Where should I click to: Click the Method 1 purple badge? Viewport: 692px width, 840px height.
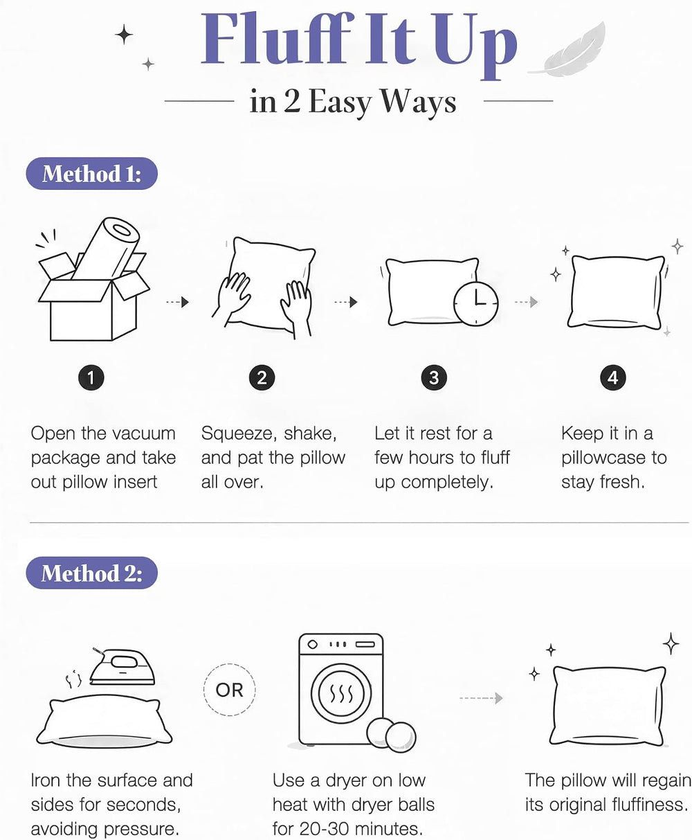[x=91, y=173]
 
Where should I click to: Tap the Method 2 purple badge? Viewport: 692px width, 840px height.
[x=91, y=573]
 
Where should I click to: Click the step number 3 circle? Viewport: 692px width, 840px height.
[x=434, y=378]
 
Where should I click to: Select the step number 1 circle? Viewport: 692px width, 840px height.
[x=91, y=378]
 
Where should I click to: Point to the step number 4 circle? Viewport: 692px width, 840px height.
[x=613, y=378]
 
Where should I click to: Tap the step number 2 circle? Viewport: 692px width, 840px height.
[x=262, y=378]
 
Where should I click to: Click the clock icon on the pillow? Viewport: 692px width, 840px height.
[x=476, y=304]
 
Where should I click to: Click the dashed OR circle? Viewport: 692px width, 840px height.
[x=230, y=690]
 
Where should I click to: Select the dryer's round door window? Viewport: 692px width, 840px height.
[x=341, y=693]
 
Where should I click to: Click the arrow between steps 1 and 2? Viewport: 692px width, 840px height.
[x=177, y=302]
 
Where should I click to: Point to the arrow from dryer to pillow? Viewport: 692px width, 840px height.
[x=481, y=698]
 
